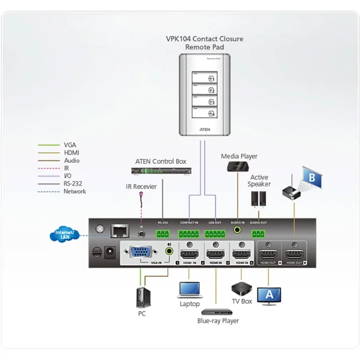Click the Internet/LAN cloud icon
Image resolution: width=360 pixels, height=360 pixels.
[x=65, y=235]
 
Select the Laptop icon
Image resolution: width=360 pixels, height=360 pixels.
[x=189, y=290]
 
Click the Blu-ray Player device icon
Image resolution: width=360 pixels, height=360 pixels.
[x=217, y=311]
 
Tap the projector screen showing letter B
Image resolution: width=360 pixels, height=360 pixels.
[x=311, y=178]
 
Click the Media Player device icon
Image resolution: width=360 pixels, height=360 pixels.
[x=239, y=168]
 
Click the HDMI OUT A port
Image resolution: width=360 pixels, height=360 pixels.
[x=266, y=253]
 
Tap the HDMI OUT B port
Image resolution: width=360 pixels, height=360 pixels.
[x=294, y=253]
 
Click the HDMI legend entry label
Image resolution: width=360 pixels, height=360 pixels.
[x=71, y=152]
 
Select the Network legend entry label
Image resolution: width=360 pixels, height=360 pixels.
[x=74, y=191]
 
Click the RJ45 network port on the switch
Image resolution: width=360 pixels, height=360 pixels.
[x=120, y=229]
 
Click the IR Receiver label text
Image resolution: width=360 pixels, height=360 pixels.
[x=141, y=187]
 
